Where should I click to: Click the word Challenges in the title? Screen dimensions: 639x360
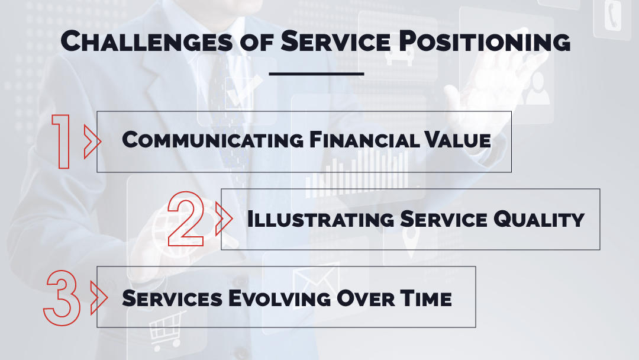[x=147, y=41]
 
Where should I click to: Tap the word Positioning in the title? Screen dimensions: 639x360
[x=485, y=41]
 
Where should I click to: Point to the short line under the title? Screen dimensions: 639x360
[x=316, y=74]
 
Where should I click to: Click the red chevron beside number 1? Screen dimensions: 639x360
[x=92, y=142]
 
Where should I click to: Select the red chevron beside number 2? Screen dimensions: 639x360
[x=223, y=218]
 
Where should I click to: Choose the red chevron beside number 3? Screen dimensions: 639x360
[x=99, y=297]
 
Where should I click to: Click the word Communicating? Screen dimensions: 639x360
[x=213, y=140]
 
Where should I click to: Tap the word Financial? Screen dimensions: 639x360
[x=364, y=140]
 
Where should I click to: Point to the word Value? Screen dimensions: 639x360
[x=457, y=140]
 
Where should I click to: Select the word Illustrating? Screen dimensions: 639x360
[x=321, y=219]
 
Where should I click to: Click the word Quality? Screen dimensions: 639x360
[x=539, y=219]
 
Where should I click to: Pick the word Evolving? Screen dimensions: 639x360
[x=279, y=298]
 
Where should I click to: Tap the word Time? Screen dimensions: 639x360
[x=425, y=298]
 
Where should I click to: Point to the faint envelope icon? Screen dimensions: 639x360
[x=316, y=278]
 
